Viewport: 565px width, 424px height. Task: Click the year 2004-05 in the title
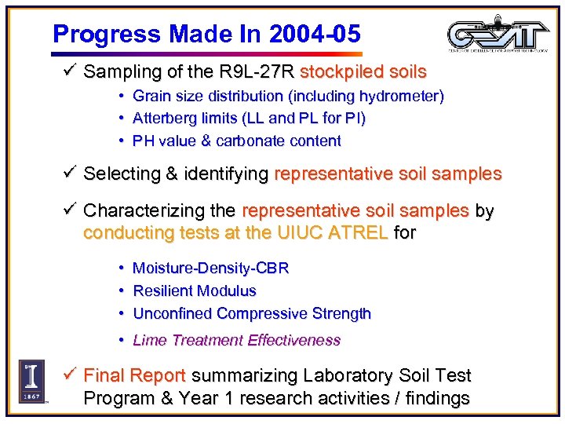click(x=314, y=33)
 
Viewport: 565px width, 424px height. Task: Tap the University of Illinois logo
click(x=31, y=382)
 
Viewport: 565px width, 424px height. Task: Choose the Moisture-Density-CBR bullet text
click(x=210, y=269)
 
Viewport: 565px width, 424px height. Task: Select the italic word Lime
click(x=149, y=341)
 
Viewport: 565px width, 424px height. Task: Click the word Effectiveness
click(x=293, y=341)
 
